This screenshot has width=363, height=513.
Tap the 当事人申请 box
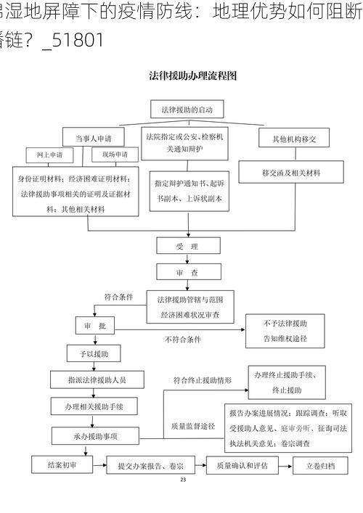click(x=92, y=138)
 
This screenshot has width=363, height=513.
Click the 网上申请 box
click(x=49, y=155)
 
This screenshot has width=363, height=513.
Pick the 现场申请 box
click(x=114, y=155)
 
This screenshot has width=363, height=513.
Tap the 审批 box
click(x=95, y=327)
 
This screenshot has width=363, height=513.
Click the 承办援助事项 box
click(x=95, y=436)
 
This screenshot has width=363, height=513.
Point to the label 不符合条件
click(x=182, y=339)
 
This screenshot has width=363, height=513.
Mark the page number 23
click(x=182, y=480)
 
